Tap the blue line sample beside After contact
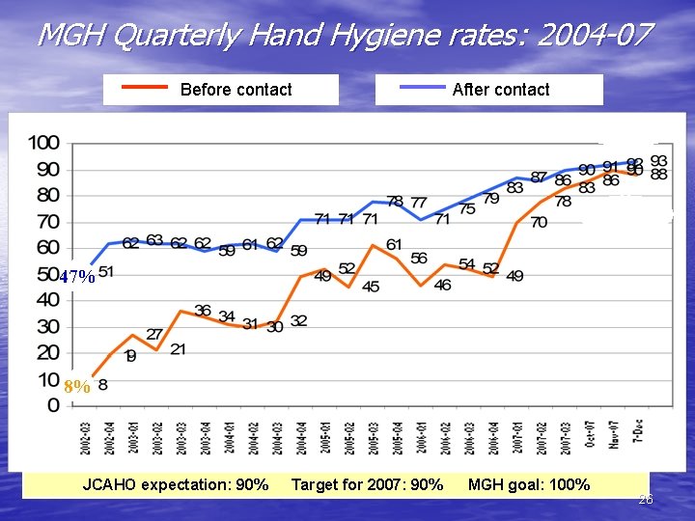click(x=422, y=87)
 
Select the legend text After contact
click(x=500, y=90)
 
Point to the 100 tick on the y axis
click(x=43, y=143)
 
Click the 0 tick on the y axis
click(x=54, y=406)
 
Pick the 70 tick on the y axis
click(x=47, y=222)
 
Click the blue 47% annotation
click(x=76, y=278)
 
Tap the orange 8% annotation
click(x=77, y=387)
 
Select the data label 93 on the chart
click(x=658, y=160)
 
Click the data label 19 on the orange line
click(x=130, y=356)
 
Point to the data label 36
click(x=203, y=311)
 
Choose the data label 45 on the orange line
click(x=371, y=287)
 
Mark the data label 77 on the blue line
click(x=418, y=203)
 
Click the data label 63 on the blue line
click(x=154, y=241)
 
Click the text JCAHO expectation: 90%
click(x=176, y=484)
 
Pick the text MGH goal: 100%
click(x=528, y=484)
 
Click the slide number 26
click(x=646, y=500)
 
